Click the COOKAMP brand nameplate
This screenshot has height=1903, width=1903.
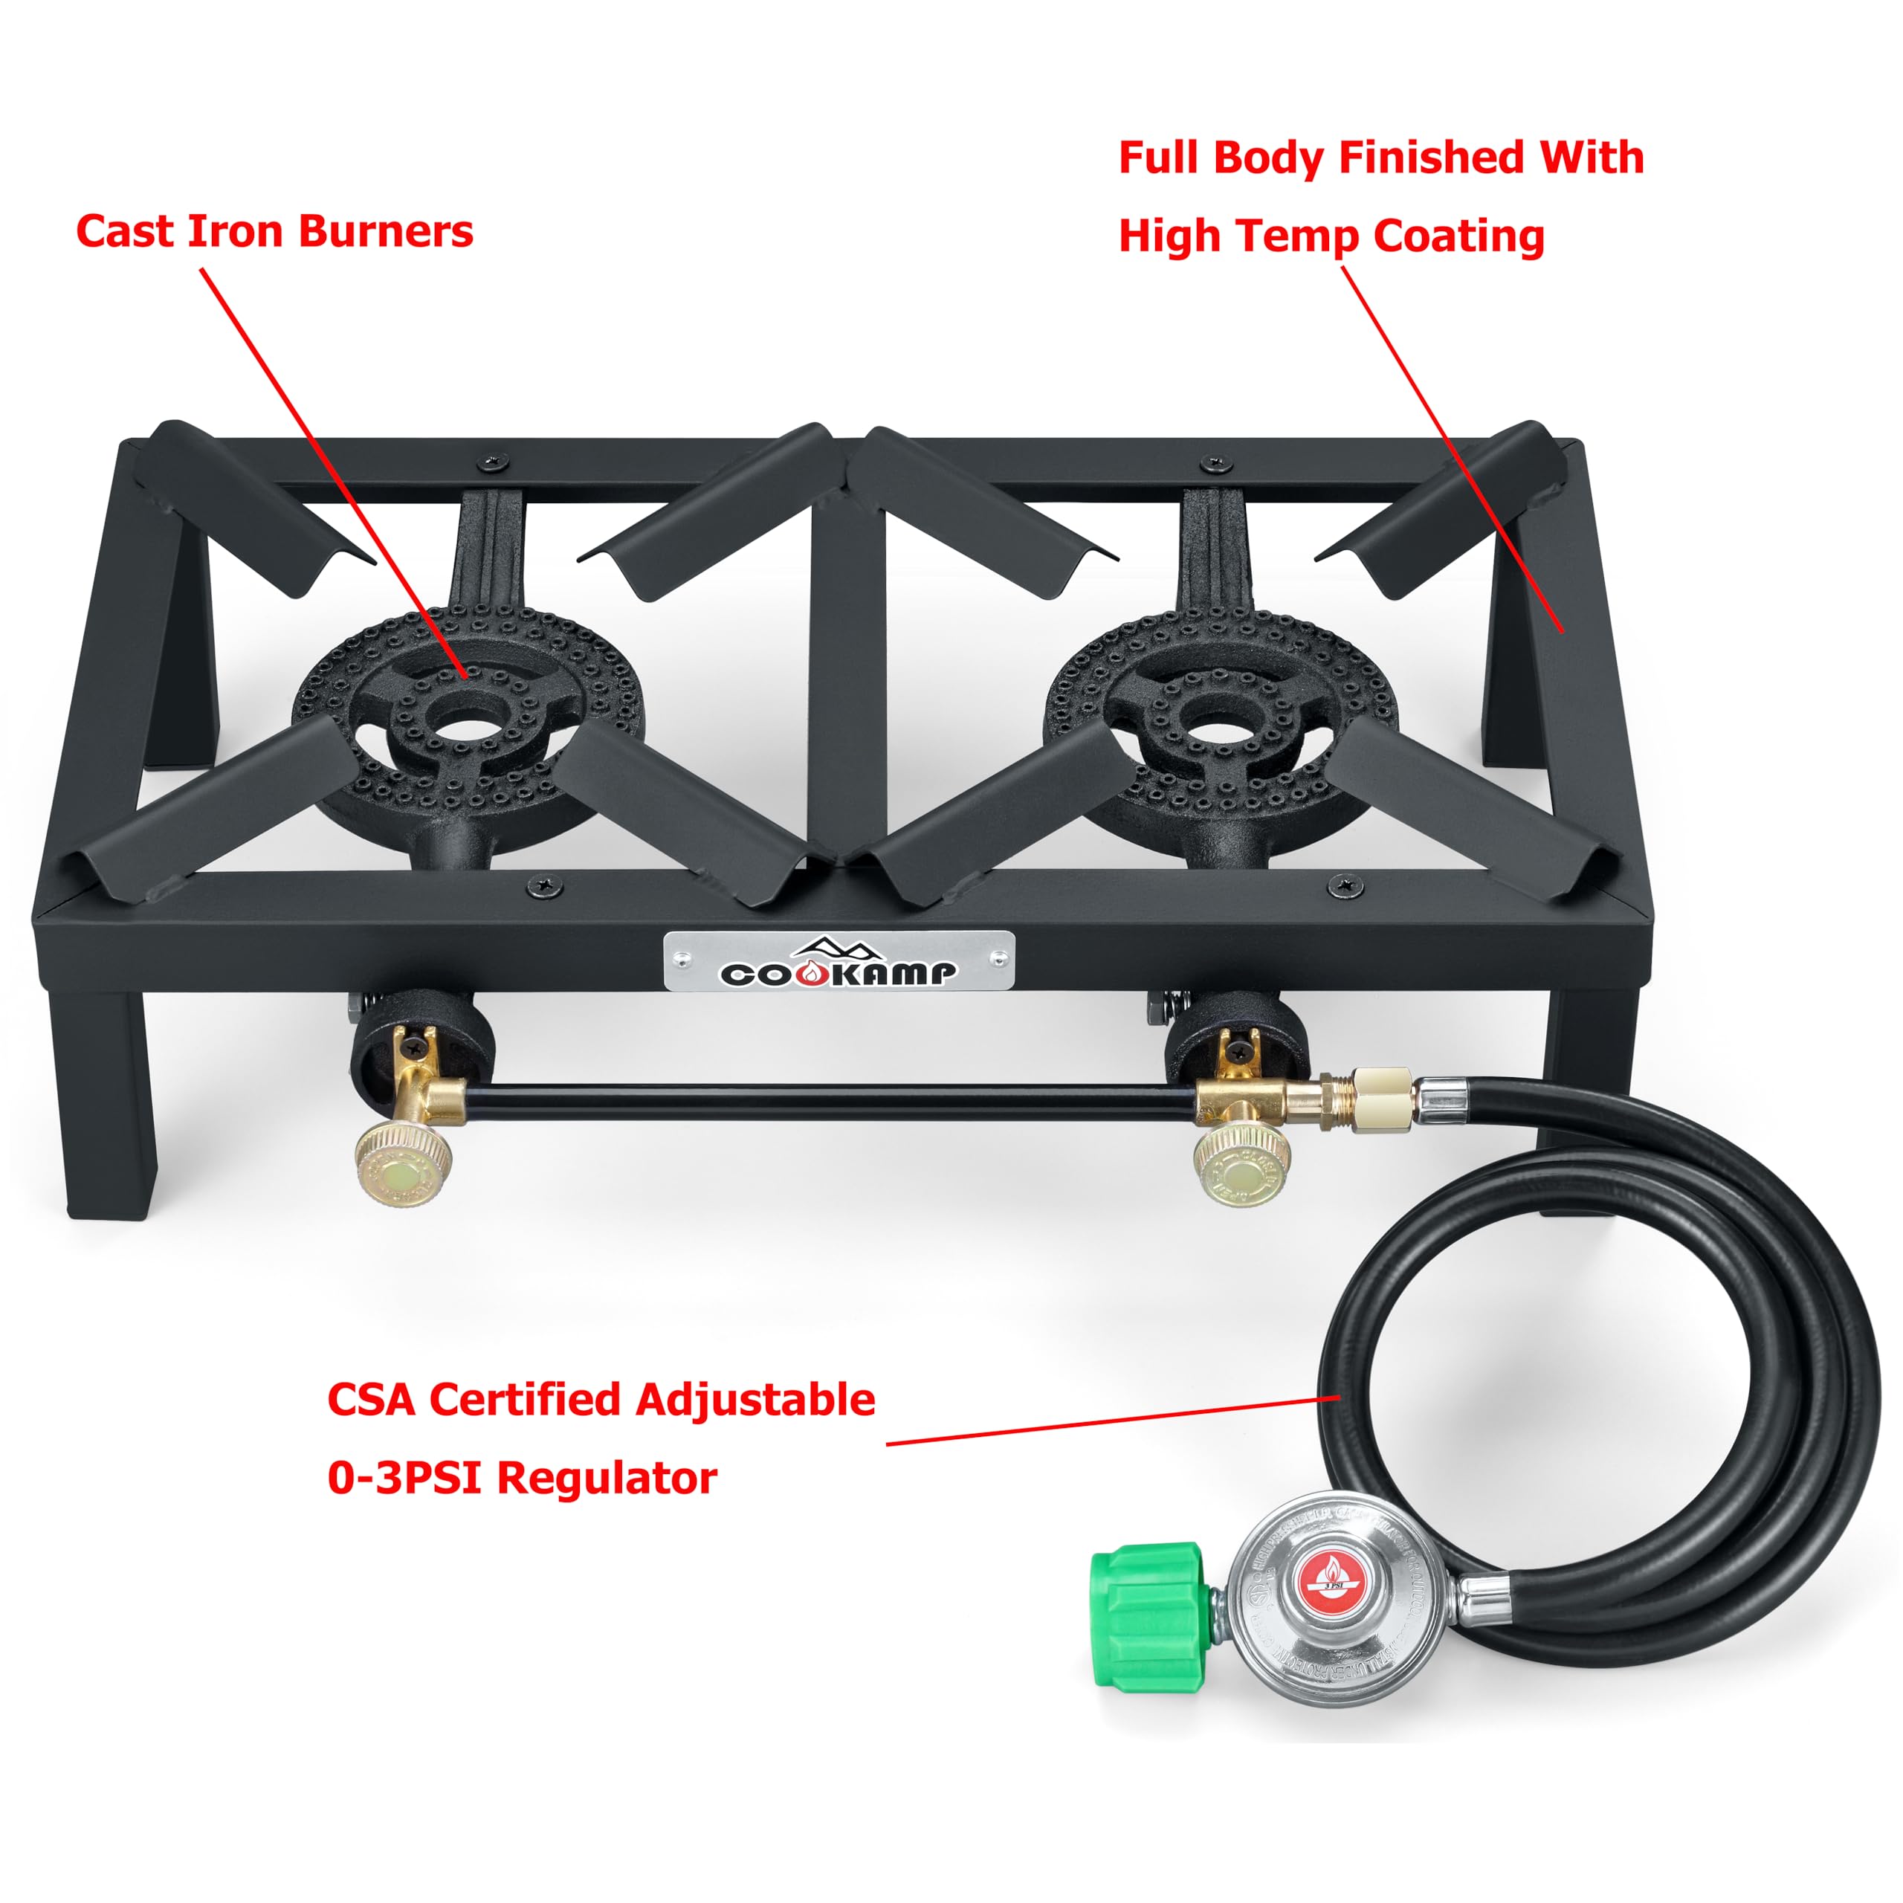click(839, 960)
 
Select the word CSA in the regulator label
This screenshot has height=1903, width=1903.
click(372, 1400)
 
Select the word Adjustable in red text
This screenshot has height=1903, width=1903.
click(755, 1400)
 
